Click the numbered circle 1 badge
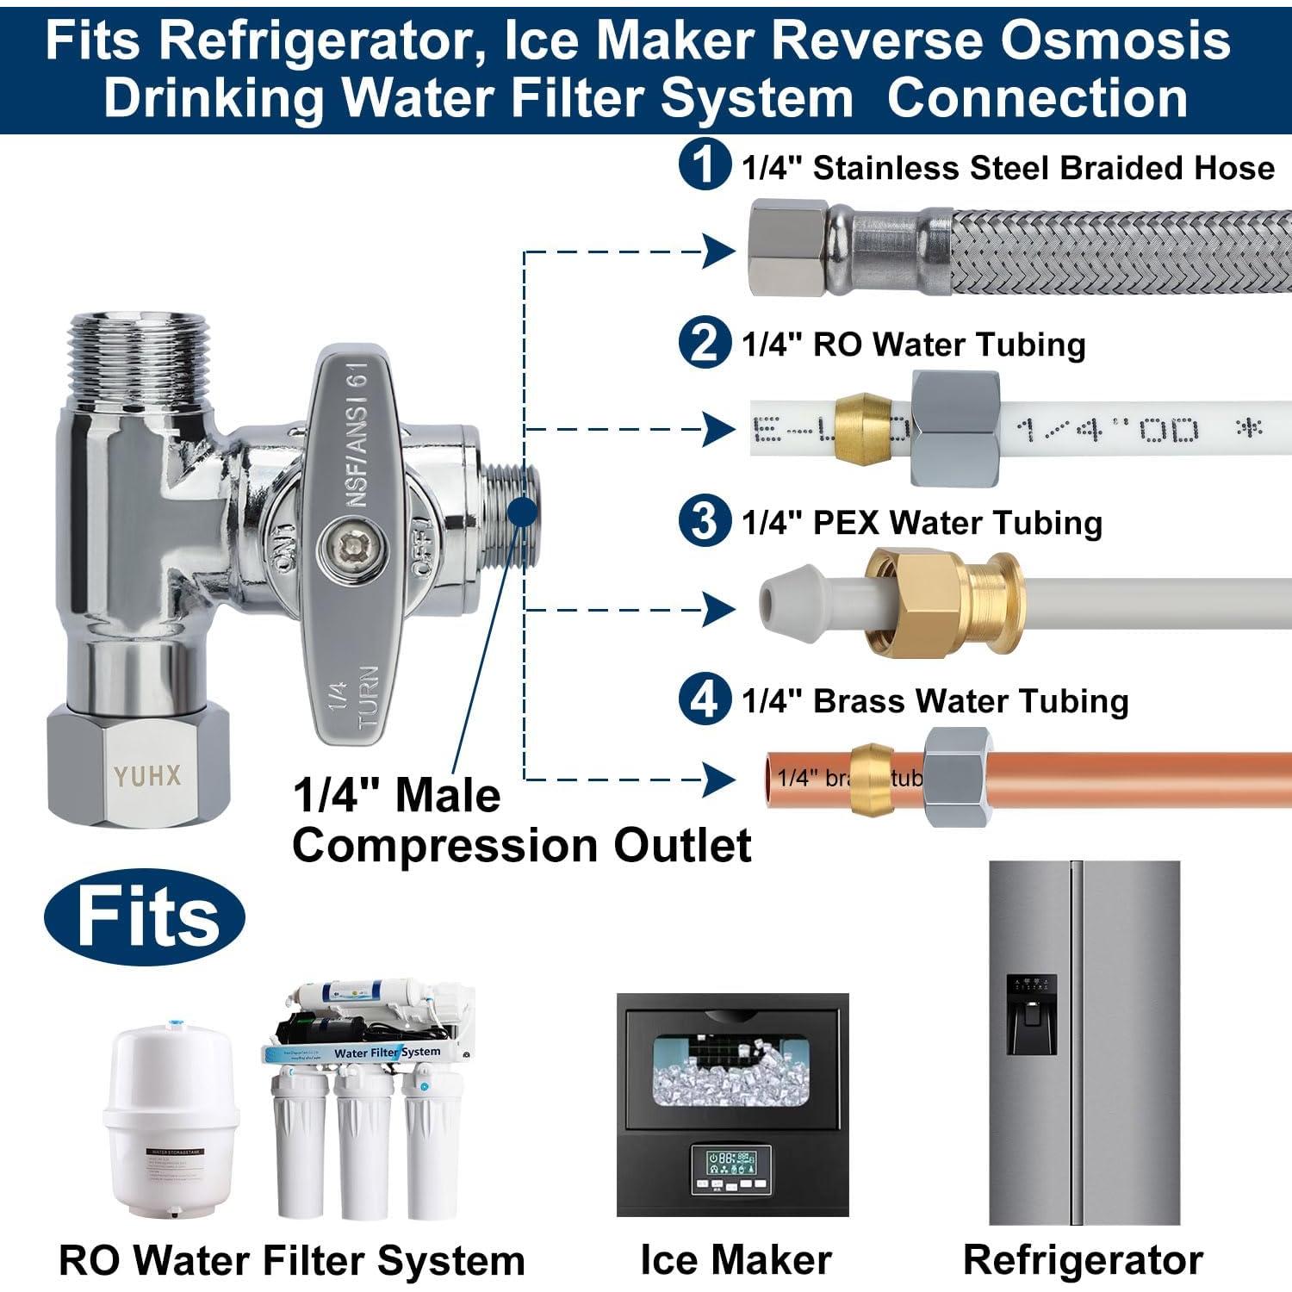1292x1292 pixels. tap(705, 165)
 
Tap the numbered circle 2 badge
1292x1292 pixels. tap(705, 343)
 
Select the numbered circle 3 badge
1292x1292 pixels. tap(705, 521)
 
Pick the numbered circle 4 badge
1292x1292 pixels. tap(705, 699)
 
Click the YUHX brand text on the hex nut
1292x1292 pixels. tap(147, 776)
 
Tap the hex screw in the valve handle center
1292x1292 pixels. tap(351, 546)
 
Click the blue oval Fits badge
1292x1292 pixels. tap(145, 916)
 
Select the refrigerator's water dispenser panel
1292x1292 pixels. tap(1031, 1015)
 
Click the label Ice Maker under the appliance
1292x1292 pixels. tap(736, 1259)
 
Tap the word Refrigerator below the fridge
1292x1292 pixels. tap(1083, 1259)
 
